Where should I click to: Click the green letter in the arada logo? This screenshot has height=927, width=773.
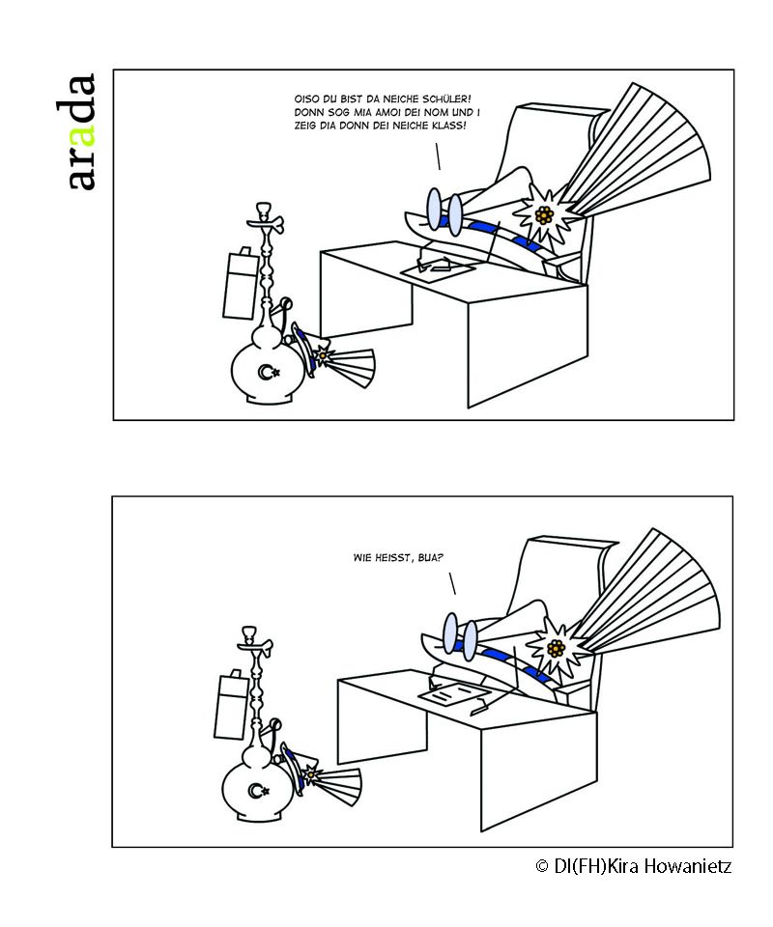pos(83,131)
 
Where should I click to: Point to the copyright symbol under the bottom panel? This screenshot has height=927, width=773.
pos(542,866)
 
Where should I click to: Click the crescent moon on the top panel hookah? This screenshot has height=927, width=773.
pos(265,372)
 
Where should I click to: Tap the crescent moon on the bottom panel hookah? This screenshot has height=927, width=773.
pos(256,792)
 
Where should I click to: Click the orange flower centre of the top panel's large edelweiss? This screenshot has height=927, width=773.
pos(545,213)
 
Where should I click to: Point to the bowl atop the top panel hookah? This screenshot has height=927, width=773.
pos(262,211)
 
